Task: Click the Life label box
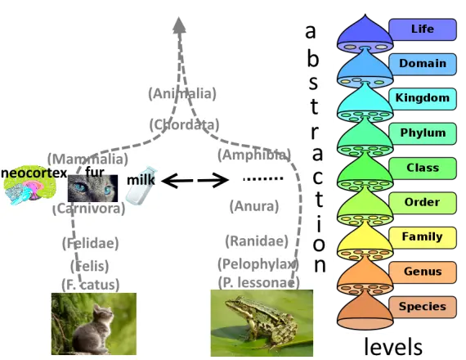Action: (x=423, y=29)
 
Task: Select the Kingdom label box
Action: (x=423, y=99)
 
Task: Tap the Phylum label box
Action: (x=423, y=133)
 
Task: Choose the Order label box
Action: (x=423, y=203)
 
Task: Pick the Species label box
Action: (x=423, y=307)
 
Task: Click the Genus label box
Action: (x=423, y=272)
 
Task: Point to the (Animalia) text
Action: (x=182, y=94)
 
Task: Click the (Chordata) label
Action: (x=184, y=124)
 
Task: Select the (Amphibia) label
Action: (x=254, y=155)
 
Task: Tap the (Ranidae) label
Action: (x=257, y=241)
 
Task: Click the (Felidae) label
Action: (x=91, y=243)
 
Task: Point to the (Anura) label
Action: (x=254, y=206)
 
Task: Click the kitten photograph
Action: (x=94, y=324)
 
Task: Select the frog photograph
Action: (x=262, y=323)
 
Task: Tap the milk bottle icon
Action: (x=141, y=186)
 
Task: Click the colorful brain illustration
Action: (x=29, y=185)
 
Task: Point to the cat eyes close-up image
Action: (x=92, y=188)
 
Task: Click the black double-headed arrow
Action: (x=195, y=180)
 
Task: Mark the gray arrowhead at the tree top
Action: (x=179, y=25)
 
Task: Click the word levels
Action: (x=393, y=346)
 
